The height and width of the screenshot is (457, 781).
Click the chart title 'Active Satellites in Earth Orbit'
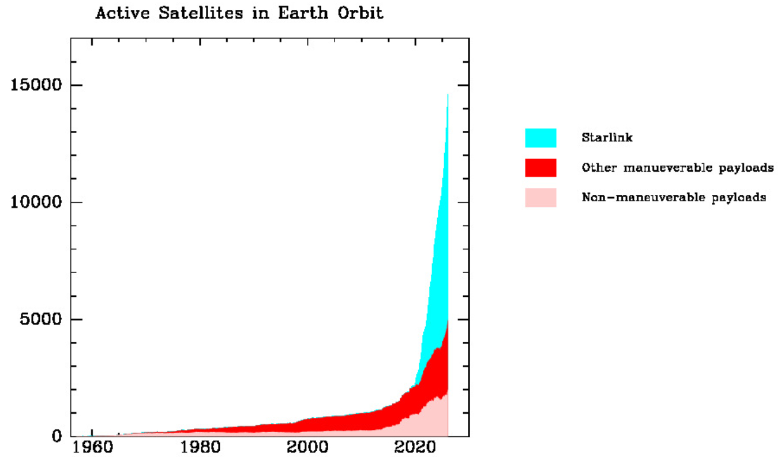tap(239, 13)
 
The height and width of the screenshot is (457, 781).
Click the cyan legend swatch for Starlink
tap(540, 138)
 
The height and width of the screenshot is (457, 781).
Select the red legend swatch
tap(540, 168)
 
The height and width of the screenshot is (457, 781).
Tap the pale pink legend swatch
tap(540, 198)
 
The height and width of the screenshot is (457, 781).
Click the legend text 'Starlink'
tap(607, 138)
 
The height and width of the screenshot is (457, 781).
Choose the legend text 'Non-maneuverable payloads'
tap(674, 198)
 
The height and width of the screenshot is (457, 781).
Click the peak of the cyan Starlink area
tap(448, 95)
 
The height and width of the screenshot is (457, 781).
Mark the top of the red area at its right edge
tap(448, 320)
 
